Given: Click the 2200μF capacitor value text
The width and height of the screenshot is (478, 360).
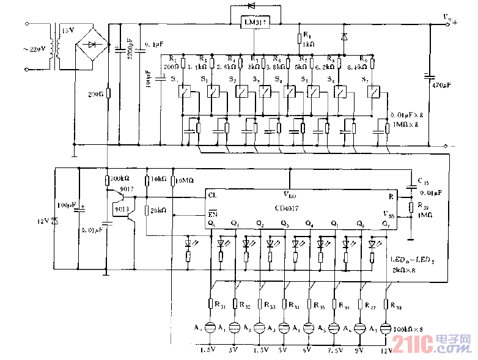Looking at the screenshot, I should (130, 52).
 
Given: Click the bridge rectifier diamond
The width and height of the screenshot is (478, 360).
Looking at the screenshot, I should (92, 45).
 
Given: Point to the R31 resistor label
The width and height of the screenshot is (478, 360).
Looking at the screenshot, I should (221, 304).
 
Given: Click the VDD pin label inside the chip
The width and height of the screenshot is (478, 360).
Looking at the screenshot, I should (290, 194).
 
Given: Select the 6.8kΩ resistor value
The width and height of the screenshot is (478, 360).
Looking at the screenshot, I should (356, 67).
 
